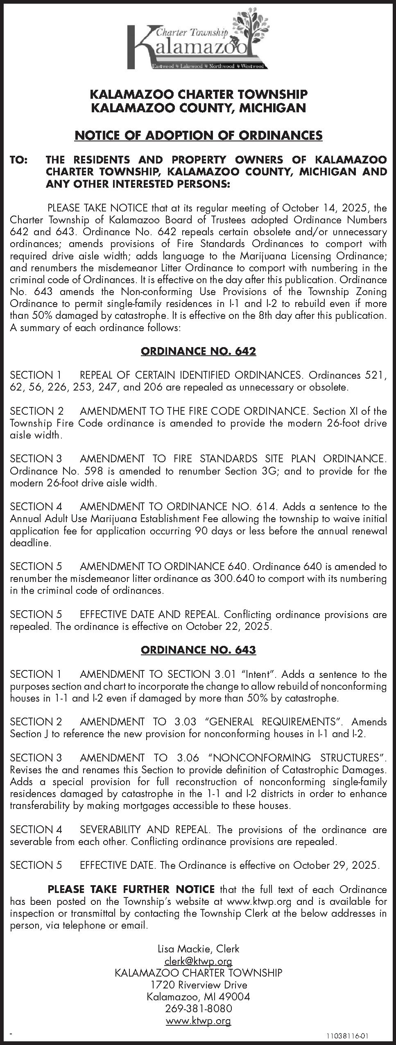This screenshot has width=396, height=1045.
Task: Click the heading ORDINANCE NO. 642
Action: pos(198,351)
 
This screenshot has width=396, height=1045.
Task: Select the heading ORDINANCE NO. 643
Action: pos(198,650)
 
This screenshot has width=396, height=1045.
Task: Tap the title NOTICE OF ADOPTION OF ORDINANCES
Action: pos(198,135)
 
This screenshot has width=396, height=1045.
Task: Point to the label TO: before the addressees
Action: pos(19,160)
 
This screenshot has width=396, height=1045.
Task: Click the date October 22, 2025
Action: pos(228,627)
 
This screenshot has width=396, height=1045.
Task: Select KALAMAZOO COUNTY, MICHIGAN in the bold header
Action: pos(198,108)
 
